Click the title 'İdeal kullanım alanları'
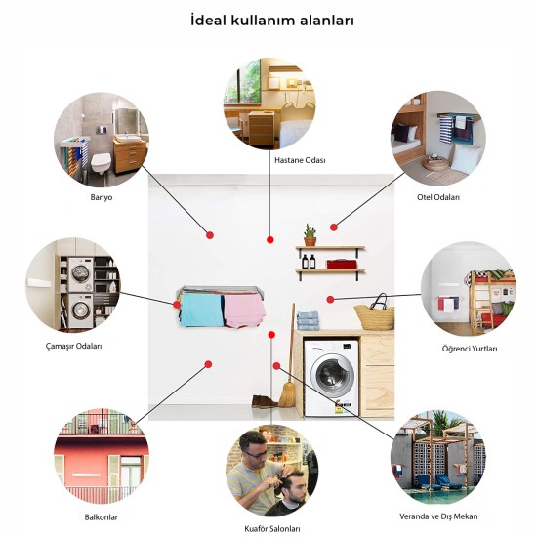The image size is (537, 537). tap(272, 21)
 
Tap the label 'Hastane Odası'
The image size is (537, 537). tap(300, 160)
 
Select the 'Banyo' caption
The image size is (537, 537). tap(102, 197)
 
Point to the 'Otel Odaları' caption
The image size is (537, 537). tap(438, 197)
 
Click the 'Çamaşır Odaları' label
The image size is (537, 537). tap(74, 346)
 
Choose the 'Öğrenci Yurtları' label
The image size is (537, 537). tap(470, 349)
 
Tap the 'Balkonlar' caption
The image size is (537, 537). tap(101, 517)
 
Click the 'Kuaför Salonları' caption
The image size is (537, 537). tap(272, 529)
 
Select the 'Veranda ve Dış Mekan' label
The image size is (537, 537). tap(438, 516)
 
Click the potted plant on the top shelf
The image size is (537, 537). tap(310, 235)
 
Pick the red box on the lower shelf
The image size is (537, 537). tap(342, 265)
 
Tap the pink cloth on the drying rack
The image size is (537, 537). tap(244, 310)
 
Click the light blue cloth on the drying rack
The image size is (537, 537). tap(202, 310)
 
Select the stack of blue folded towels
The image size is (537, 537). tap(308, 320)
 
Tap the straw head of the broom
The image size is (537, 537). tap(288, 394)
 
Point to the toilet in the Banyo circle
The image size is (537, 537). tap(101, 162)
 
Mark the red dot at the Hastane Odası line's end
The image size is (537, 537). tap(270, 240)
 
